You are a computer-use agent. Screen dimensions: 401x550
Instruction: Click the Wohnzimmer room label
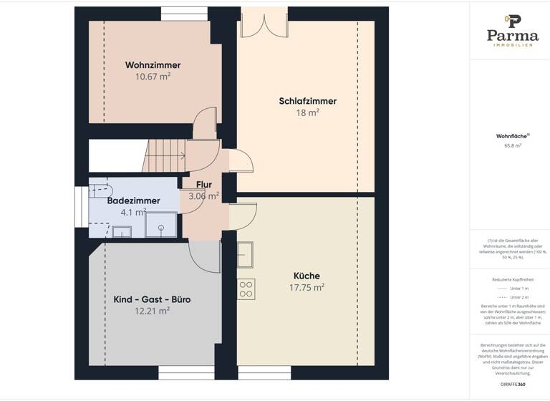(x=153, y=64)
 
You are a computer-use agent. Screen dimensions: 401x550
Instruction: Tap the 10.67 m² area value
(x=153, y=76)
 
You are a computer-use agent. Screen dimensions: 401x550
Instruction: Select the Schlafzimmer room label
(x=307, y=101)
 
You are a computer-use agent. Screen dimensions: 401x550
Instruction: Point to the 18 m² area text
(x=307, y=112)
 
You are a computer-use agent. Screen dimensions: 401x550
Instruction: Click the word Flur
(x=203, y=184)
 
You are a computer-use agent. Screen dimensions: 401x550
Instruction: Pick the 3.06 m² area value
(x=203, y=195)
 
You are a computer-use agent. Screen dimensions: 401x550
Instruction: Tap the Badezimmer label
(x=132, y=201)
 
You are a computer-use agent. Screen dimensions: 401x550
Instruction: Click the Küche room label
(x=307, y=276)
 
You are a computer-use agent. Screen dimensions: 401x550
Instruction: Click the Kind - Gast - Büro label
(x=152, y=299)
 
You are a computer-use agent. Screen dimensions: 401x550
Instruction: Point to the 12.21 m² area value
(x=152, y=311)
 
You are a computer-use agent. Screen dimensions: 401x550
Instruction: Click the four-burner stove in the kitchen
(x=246, y=288)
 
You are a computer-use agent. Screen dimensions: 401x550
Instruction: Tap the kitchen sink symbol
(x=246, y=253)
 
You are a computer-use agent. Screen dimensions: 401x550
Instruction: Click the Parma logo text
(x=512, y=35)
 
